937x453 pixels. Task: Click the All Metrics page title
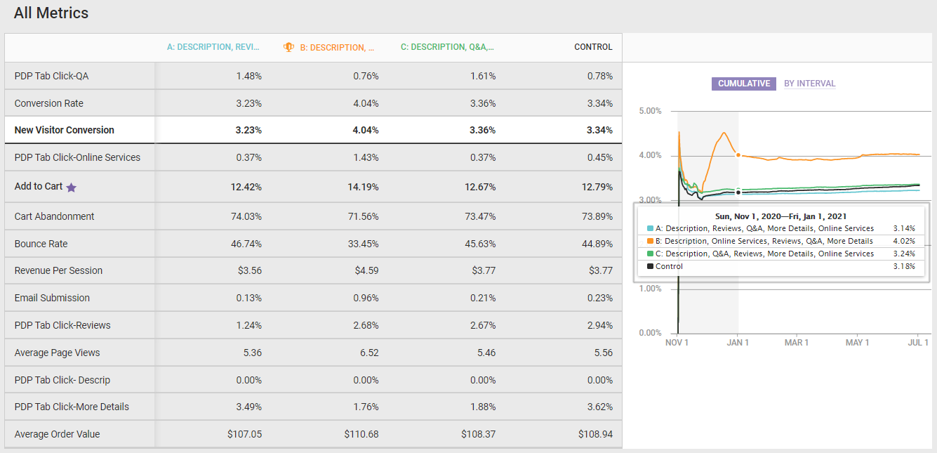point(51,13)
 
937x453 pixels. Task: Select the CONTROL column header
point(593,47)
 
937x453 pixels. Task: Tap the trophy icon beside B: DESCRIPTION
point(288,47)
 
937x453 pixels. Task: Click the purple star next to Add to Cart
point(71,188)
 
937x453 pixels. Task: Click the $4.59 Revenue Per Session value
point(365,270)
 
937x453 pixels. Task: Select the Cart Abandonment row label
point(54,216)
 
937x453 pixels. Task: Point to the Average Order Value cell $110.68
point(361,434)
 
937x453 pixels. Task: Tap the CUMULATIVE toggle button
point(743,84)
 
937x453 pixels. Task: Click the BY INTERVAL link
point(809,84)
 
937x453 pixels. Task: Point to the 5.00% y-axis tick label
point(650,111)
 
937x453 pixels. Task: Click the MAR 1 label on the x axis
point(797,343)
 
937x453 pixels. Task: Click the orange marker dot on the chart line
point(738,155)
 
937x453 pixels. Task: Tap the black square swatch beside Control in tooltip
point(650,266)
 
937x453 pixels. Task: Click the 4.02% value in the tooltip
point(904,241)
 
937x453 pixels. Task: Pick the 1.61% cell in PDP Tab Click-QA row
point(483,76)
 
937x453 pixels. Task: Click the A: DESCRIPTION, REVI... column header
point(213,47)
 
